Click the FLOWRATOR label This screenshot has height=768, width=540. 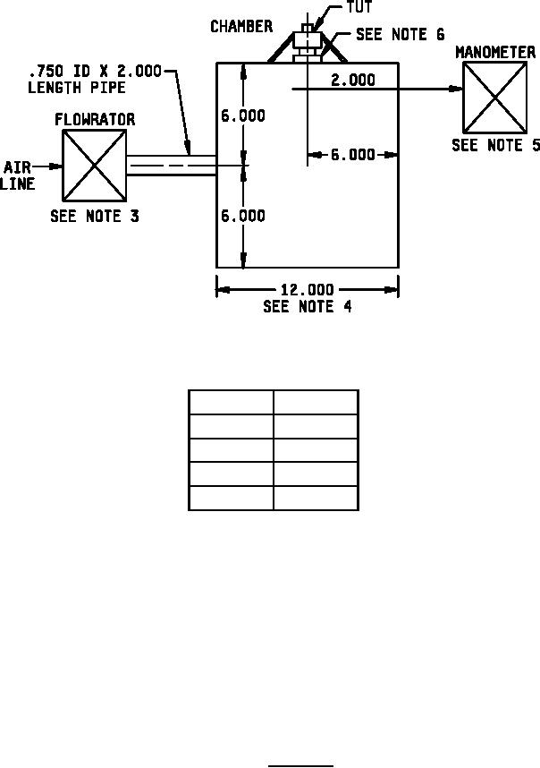click(95, 120)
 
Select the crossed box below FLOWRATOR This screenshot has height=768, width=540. click(95, 166)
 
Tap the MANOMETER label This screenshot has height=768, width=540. click(495, 53)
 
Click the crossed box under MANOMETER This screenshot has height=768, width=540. click(495, 98)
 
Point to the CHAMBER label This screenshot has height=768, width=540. click(241, 27)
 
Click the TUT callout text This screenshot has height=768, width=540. click(359, 7)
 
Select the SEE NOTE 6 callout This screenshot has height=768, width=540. click(401, 34)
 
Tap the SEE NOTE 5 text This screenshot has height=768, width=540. click(495, 146)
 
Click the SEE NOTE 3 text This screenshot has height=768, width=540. click(95, 216)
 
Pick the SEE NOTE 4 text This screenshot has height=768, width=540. click(308, 307)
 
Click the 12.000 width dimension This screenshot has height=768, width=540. click(308, 290)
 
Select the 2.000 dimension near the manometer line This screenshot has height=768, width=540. click(353, 80)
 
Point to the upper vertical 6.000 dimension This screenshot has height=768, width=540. click(243, 115)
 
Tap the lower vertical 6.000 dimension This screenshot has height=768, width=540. click(243, 216)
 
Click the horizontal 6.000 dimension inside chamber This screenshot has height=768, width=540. click(353, 155)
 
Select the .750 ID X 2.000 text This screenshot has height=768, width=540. click(95, 72)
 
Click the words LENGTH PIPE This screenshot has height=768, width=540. click(77, 88)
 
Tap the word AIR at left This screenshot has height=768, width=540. click(18, 168)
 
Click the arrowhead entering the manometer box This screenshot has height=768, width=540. click(456, 90)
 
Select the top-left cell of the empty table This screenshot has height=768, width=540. click(231, 402)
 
